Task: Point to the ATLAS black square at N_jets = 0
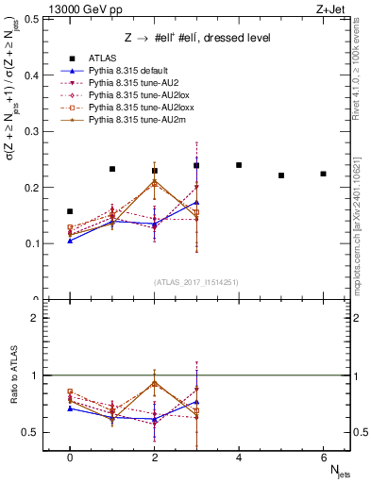tap(70, 211)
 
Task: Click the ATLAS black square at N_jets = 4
tap(239, 165)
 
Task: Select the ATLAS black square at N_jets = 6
tap(323, 174)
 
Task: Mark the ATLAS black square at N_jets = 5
tap(281, 175)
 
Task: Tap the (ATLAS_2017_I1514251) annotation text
tap(197, 282)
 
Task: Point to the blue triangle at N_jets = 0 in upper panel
tap(70, 241)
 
